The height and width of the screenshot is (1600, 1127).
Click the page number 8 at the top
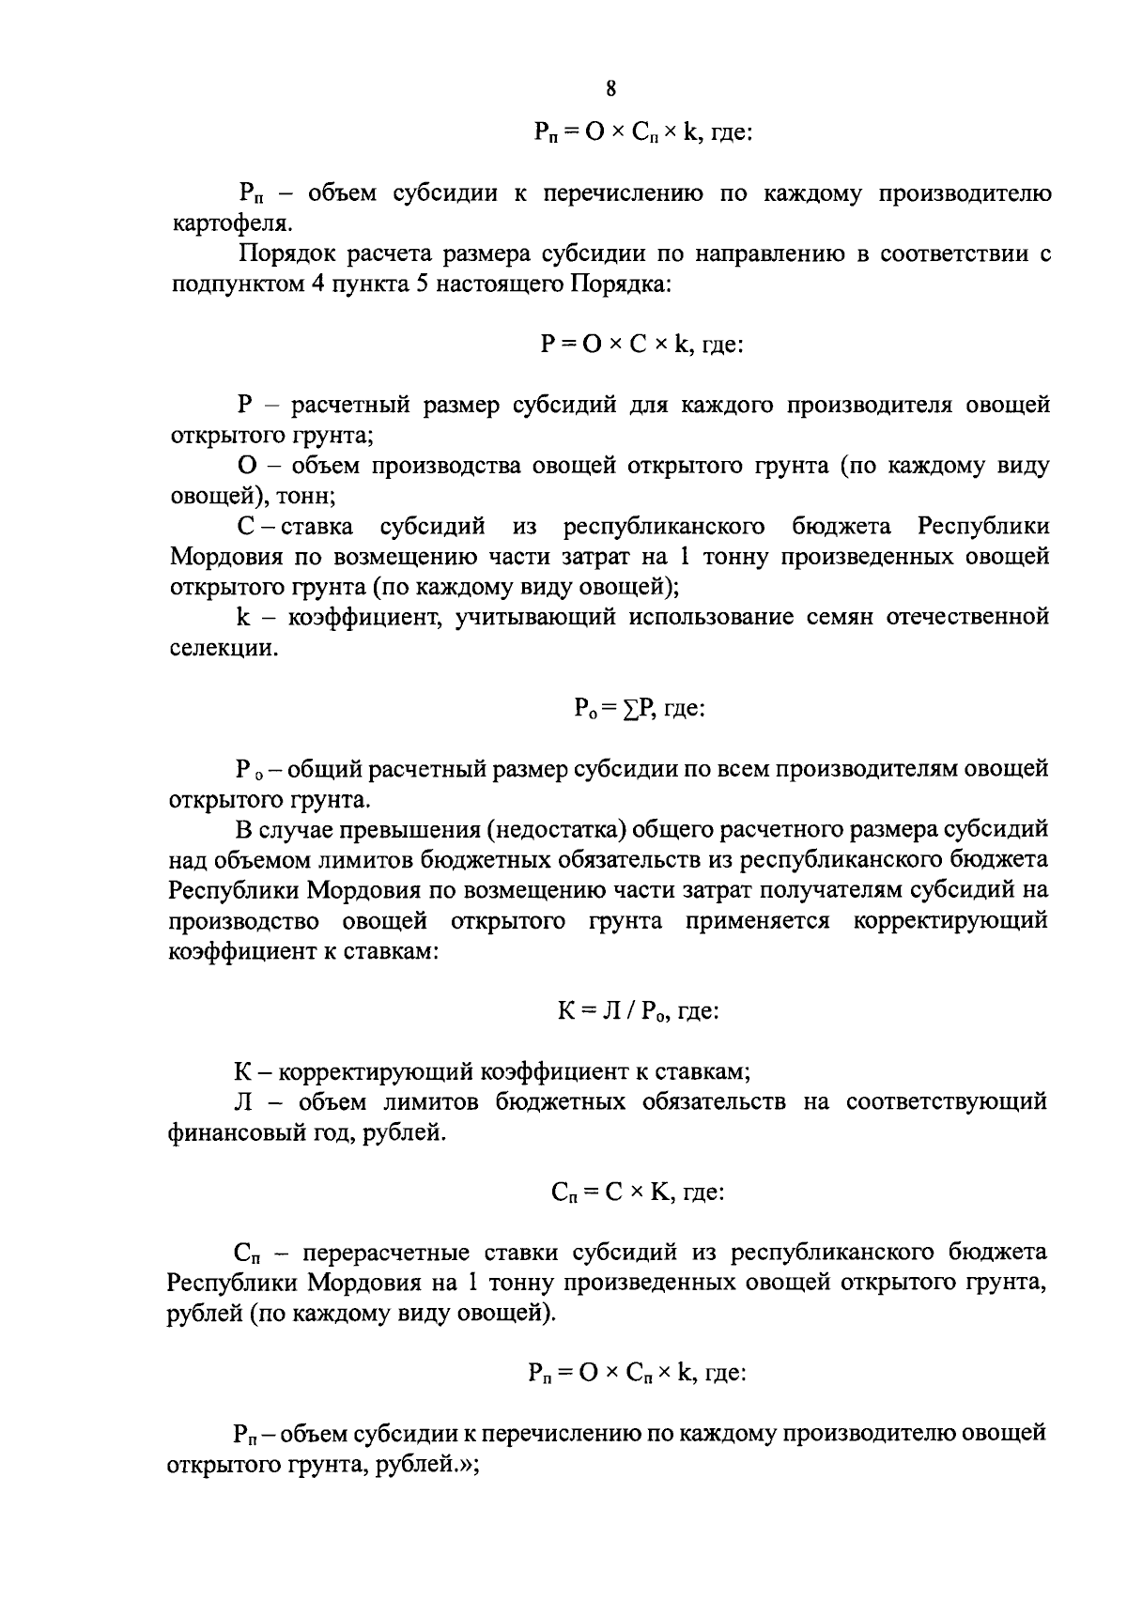(610, 90)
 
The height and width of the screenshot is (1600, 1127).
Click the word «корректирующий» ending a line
(950, 921)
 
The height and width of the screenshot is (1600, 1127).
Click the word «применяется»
(758, 921)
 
